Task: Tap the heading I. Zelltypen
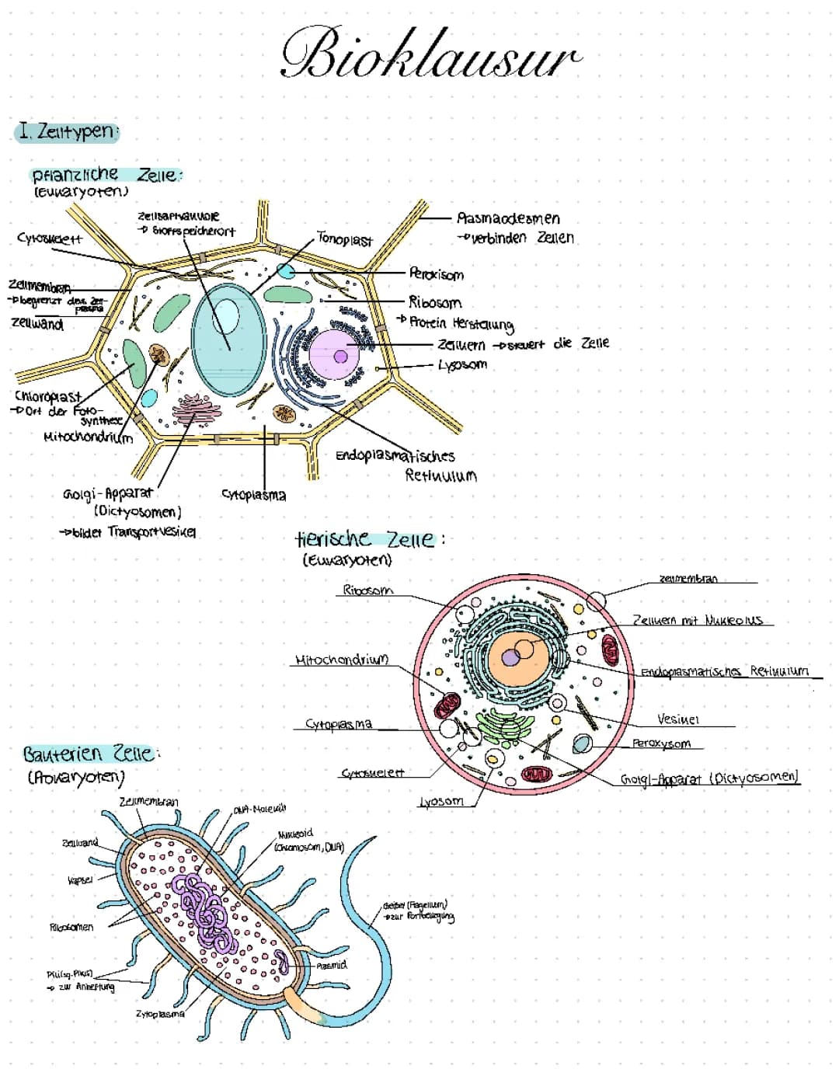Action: coord(65,131)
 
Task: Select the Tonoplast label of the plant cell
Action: coord(345,240)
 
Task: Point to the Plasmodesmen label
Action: coord(508,218)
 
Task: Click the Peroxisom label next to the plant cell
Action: coord(436,274)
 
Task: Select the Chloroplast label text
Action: coord(47,396)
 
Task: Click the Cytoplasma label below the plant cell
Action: coord(253,495)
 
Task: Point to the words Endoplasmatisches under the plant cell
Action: coord(395,455)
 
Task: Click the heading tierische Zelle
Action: coord(364,539)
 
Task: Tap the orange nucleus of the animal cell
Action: coord(519,653)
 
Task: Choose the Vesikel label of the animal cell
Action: coord(677,719)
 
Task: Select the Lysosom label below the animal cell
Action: coord(440,801)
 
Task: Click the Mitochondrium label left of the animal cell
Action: coord(341,660)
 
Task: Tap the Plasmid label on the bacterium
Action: coord(332,965)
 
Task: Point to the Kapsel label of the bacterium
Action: coord(81,880)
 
